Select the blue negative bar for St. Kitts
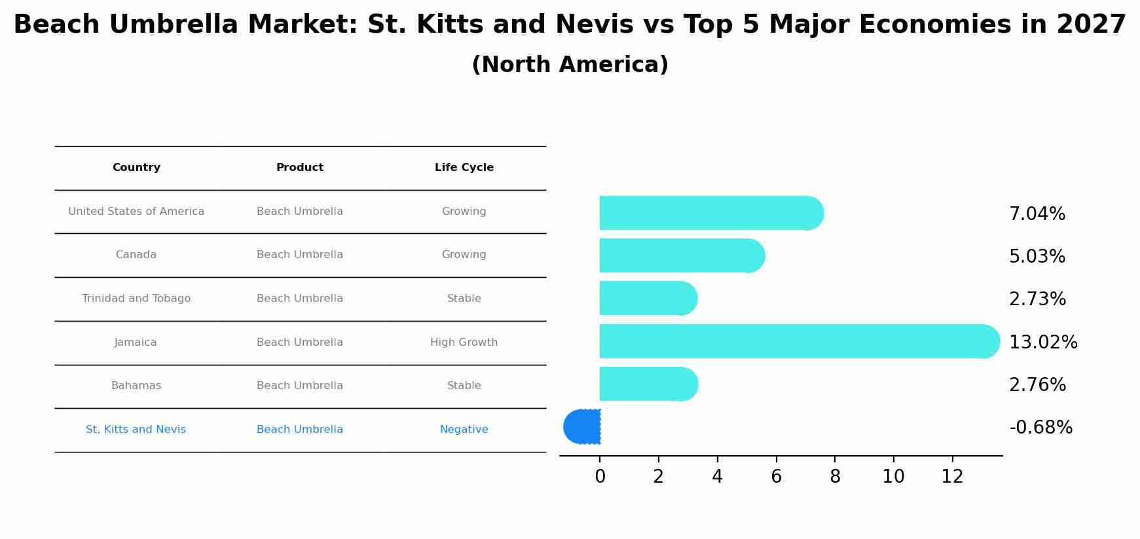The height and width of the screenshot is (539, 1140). (583, 427)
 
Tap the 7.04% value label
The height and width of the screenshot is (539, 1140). (1037, 214)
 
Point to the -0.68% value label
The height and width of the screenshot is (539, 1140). (1040, 428)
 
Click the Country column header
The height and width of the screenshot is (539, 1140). (136, 168)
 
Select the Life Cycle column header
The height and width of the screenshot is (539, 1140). (464, 168)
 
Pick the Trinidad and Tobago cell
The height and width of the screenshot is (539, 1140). (136, 299)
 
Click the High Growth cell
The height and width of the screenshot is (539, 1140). (464, 343)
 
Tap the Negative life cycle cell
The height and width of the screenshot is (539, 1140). (464, 430)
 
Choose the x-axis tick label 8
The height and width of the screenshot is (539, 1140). (835, 477)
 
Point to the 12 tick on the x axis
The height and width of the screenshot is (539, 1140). (952, 477)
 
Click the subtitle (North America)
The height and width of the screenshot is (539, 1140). (570, 65)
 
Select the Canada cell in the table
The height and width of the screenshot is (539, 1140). (136, 255)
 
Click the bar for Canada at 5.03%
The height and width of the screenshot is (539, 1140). (681, 255)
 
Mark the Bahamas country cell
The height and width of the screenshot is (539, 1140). (136, 386)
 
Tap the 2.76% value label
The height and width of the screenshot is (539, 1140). (1037, 385)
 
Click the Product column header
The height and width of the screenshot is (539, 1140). (300, 168)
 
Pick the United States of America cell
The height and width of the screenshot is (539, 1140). (136, 212)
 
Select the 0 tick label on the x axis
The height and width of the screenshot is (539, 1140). (600, 477)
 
